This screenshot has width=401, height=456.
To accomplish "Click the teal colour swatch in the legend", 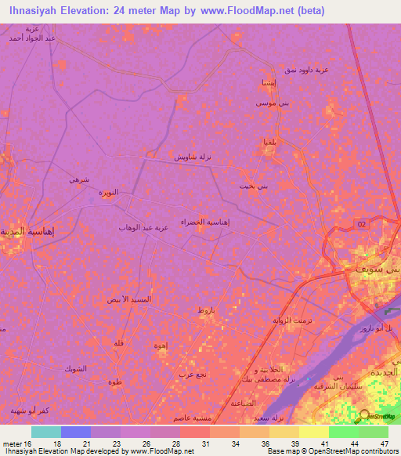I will (x=45, y=431).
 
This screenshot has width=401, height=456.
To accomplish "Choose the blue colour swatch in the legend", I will (x=75, y=431).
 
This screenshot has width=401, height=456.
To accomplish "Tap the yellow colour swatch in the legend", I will (x=313, y=431).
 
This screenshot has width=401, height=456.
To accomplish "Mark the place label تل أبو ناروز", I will (x=385, y=329).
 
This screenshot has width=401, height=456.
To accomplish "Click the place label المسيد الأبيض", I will (x=129, y=299).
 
